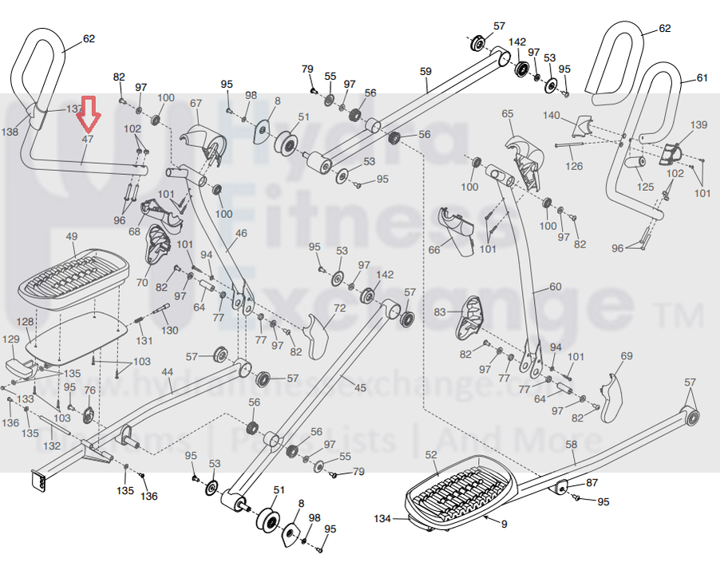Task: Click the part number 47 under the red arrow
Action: pyautogui.click(x=88, y=140)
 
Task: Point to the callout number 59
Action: pyautogui.click(x=425, y=71)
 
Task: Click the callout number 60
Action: pyautogui.click(x=555, y=287)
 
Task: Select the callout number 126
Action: pyautogui.click(x=575, y=166)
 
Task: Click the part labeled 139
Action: pyautogui.click(x=671, y=152)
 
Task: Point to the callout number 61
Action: pyautogui.click(x=702, y=78)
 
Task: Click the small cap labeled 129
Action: pyautogui.click(x=19, y=366)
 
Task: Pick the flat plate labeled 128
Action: pyautogui.click(x=79, y=334)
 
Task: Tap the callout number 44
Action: pyautogui.click(x=167, y=372)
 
